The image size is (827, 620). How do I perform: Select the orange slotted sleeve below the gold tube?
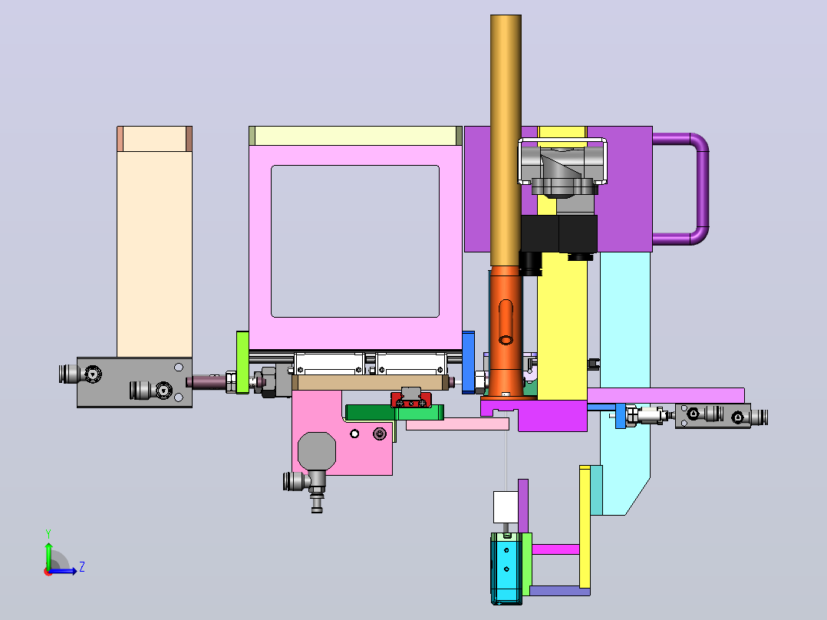[x=506, y=331]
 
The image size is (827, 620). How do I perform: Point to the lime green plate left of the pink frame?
[x=242, y=362]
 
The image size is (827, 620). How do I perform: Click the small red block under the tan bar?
[x=411, y=400]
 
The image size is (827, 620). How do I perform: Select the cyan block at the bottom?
[x=506, y=568]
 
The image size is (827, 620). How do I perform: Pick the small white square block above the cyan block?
[x=506, y=507]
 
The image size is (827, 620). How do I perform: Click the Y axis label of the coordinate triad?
[x=48, y=533]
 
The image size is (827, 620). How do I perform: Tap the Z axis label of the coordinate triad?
[x=82, y=567]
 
